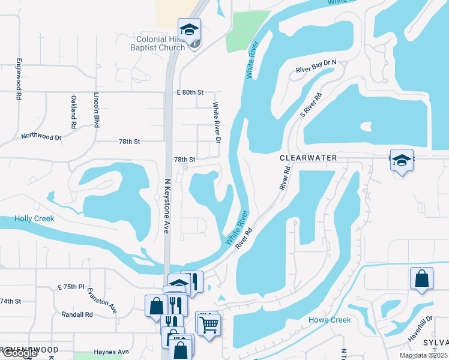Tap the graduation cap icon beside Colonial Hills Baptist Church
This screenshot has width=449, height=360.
189,29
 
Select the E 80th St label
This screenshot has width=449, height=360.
190,92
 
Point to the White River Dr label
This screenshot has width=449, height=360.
217,122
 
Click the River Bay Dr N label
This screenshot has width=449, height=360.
316,66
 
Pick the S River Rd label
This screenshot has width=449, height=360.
311,104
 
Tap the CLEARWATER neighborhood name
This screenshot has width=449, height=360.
308,157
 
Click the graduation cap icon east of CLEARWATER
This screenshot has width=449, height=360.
402,160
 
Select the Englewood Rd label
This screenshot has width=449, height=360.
19,79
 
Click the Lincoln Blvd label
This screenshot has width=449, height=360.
96,110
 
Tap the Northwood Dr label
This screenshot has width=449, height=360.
41,137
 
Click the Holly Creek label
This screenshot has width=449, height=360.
34,219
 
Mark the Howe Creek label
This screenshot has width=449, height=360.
330,320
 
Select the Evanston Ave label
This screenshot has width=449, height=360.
110,300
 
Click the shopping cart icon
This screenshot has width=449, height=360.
208,325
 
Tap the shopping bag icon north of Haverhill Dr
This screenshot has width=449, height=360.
421,278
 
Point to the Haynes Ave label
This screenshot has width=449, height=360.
111,352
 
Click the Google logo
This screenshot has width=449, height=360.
19,353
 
